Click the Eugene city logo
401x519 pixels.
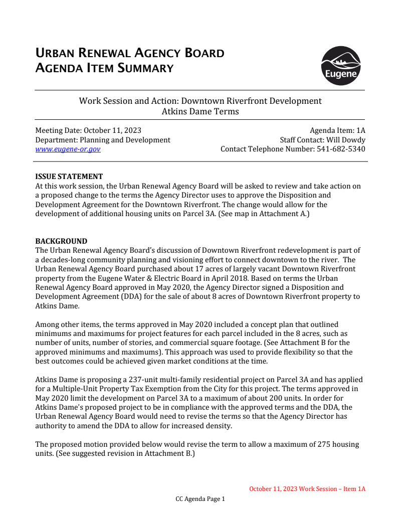[341, 66]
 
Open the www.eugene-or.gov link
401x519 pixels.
[68, 149]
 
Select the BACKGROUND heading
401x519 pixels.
[61, 241]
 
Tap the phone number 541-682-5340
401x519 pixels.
[341, 149]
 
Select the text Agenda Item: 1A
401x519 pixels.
[337, 130]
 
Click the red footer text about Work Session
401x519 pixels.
[307, 489]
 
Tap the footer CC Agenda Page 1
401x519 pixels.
[200, 499]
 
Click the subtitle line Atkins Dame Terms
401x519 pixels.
[200, 111]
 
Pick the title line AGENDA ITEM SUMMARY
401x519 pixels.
[104, 68]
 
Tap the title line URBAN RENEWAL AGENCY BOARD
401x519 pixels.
[130, 53]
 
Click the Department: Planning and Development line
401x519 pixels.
[103, 140]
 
